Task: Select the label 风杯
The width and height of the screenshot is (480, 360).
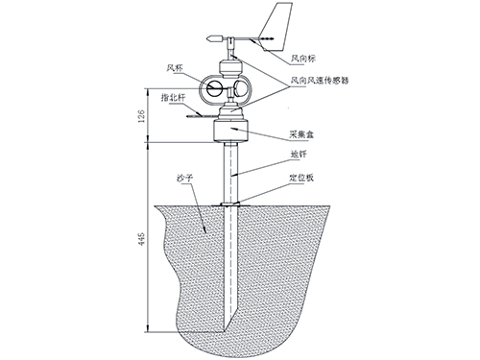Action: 174,68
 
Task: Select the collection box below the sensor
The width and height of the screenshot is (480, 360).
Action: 230,127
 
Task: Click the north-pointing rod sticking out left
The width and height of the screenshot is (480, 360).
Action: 197,110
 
